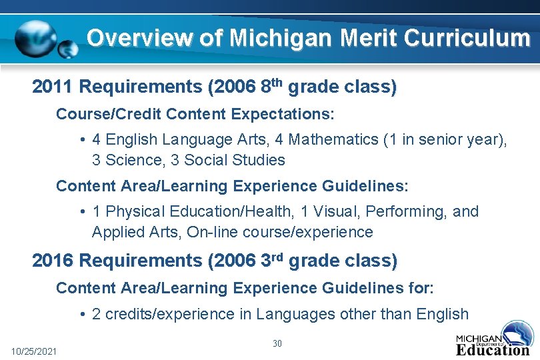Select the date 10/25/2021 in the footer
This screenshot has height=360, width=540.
coord(34,351)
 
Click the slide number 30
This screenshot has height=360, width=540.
coord(277,343)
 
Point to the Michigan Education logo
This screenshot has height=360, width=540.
coord(493,339)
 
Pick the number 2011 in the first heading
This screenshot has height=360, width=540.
coord(54,87)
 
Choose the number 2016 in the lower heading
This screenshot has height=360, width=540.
coord(54,261)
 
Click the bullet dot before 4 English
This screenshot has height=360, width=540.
coord(81,140)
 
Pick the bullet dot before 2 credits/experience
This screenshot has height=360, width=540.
coord(81,314)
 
